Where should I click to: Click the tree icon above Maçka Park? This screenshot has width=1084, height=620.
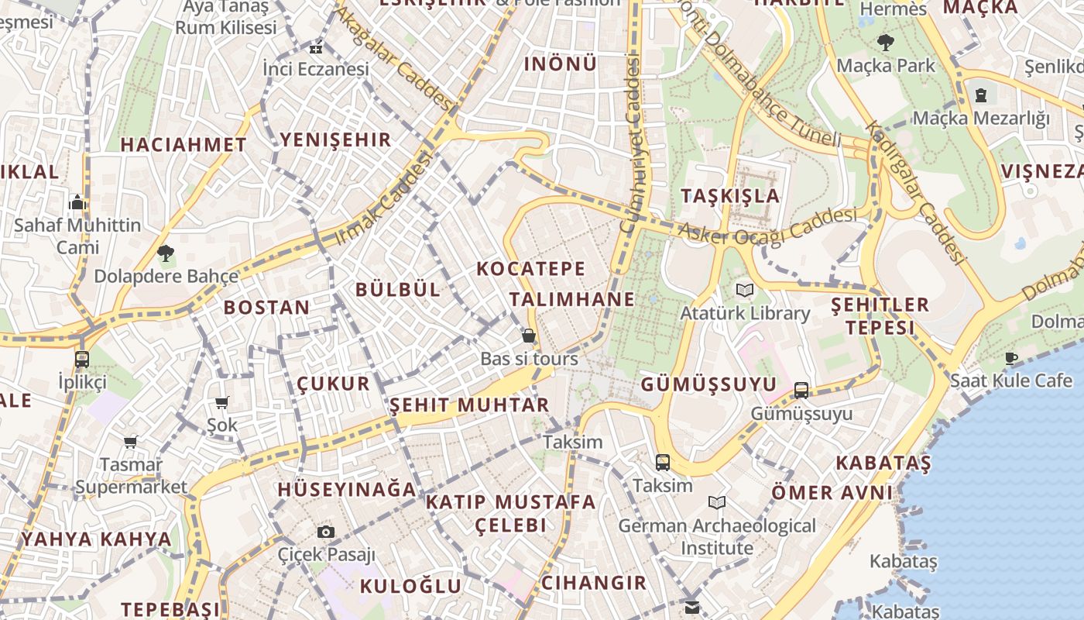886,43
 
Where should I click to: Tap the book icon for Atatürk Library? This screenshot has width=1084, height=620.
745,291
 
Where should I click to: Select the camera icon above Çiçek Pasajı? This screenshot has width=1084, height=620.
326,532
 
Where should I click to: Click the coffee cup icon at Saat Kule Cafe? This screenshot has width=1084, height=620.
1011,357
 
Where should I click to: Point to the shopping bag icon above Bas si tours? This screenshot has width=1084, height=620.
529,336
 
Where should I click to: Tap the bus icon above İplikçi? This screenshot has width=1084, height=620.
82,359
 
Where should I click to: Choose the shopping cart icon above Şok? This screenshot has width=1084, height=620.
222,402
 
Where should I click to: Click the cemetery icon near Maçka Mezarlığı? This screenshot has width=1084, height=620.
981,95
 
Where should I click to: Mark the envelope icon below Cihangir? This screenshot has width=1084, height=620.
691,607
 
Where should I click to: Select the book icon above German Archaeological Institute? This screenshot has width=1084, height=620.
717,503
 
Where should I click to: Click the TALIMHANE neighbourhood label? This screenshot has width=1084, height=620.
572,300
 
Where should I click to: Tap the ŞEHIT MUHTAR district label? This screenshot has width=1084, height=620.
469,405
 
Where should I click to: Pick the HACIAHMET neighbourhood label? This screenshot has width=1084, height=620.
184,144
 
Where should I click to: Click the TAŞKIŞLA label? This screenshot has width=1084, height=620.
730,195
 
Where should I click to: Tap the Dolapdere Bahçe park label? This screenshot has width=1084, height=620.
166,276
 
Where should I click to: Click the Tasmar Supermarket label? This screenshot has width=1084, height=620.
132,476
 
